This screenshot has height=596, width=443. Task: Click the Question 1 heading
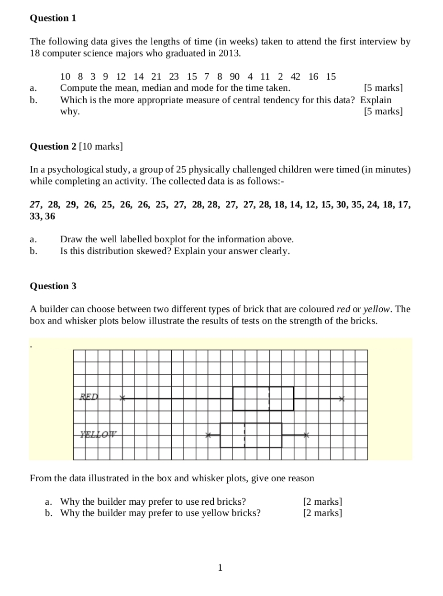(53, 18)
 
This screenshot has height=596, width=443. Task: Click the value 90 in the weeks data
(234, 76)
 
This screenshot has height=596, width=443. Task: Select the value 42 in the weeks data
(296, 76)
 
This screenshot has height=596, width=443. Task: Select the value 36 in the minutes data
(50, 217)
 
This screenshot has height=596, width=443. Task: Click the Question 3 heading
(53, 286)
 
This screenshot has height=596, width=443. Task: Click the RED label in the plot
(89, 397)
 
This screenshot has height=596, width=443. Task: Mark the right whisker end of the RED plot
(342, 399)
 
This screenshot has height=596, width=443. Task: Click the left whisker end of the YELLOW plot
(208, 435)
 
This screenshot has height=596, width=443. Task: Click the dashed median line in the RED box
(269, 399)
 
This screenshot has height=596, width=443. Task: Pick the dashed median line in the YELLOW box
(244, 435)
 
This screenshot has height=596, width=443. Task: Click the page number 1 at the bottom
(220, 568)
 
